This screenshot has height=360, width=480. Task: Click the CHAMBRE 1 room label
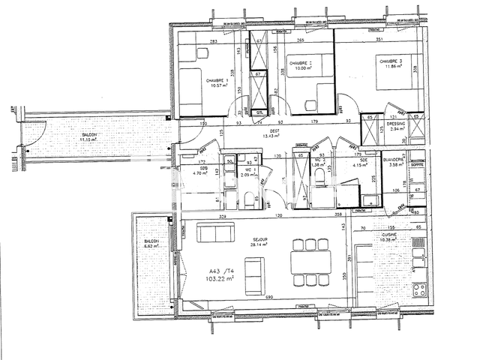click(198, 80)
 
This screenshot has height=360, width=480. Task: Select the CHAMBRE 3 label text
click(391, 61)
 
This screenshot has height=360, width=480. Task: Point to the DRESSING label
click(396, 124)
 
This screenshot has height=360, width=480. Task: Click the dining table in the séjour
click(311, 256)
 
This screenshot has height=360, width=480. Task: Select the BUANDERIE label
click(394, 160)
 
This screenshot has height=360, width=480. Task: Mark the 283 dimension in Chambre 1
click(213, 41)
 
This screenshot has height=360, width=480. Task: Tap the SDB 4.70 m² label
click(203, 170)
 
